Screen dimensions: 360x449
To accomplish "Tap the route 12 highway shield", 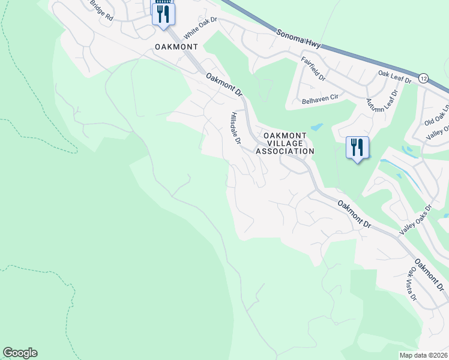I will pos(424,78).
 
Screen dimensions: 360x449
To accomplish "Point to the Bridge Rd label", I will pos(101,10).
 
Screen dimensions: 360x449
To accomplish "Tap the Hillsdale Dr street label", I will pos(235,128).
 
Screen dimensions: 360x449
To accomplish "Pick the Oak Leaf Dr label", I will pos(394,76).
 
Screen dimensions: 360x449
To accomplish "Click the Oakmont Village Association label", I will pos(285,143).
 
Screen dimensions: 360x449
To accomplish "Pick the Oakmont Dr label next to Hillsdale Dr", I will pos(223,85).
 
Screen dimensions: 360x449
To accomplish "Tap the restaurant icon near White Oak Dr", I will pos(163,13).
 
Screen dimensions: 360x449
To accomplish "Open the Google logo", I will pos(20,353).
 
